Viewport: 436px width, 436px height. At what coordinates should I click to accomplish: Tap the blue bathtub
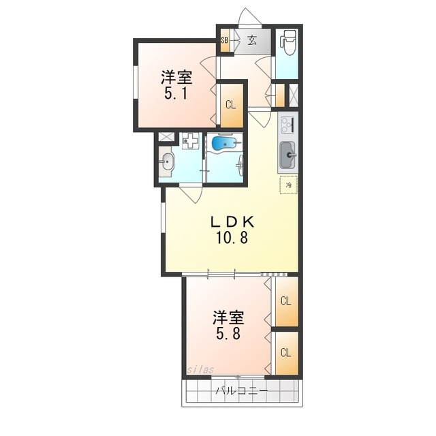[224, 144]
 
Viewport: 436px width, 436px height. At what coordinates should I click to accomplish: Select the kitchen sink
[287, 155]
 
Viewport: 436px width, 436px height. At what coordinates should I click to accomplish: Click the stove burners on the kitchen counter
[288, 125]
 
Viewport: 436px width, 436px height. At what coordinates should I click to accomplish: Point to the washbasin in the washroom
[166, 161]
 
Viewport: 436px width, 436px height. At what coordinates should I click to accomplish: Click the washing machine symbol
[191, 141]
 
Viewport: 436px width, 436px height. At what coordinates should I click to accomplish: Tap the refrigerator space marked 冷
[289, 185]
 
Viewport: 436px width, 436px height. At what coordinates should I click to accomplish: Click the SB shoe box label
[225, 40]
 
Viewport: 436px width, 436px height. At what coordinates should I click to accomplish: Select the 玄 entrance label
[252, 41]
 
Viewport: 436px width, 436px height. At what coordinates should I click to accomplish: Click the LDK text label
[232, 222]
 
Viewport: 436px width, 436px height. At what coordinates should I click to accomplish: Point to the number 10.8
[232, 238]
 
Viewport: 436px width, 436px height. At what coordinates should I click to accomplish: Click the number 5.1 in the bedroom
[176, 93]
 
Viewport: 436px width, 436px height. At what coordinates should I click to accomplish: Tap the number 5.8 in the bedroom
[228, 333]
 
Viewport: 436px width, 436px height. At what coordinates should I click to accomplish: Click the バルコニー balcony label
[242, 391]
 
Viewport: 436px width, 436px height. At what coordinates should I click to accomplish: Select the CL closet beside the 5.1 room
[230, 105]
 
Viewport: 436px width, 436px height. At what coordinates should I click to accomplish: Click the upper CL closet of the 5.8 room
[286, 301]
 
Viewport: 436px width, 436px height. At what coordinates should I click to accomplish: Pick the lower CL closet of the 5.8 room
[286, 353]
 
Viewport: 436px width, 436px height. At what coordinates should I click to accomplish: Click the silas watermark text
[200, 369]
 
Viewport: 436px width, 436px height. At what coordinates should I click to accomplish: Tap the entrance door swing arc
[250, 14]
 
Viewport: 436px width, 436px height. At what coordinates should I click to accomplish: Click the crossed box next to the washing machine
[166, 137]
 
